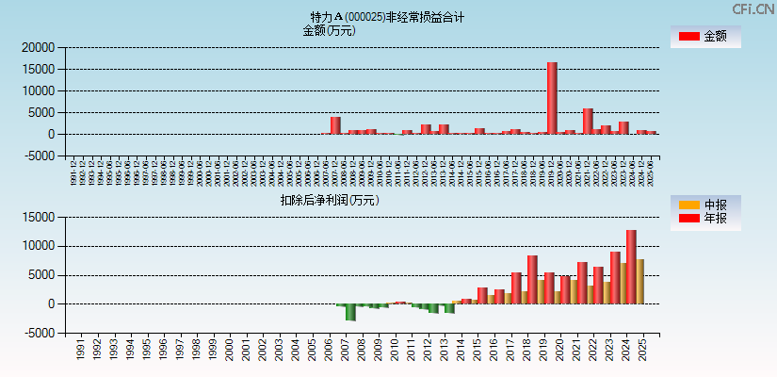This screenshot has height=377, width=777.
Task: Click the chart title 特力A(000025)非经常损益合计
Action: tap(387, 17)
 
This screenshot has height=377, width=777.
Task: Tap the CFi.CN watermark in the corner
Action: tap(753, 9)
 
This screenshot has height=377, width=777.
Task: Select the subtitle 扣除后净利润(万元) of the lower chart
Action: tap(329, 200)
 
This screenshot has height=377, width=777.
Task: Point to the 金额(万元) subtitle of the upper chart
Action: tap(329, 30)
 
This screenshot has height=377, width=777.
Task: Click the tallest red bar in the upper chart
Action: tap(552, 98)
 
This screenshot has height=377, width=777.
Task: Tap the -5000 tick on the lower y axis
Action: tap(38, 333)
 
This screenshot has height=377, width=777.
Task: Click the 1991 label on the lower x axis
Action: tap(80, 351)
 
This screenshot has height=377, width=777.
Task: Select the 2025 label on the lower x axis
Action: tap(641, 351)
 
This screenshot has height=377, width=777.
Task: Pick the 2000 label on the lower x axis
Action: tap(229, 351)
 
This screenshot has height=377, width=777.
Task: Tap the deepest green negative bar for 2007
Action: tap(350, 313)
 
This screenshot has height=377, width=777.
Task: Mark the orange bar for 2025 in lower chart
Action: tap(640, 281)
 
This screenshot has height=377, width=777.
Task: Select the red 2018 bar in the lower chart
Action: tap(532, 279)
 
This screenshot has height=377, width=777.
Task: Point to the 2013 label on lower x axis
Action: tap(444, 351)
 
